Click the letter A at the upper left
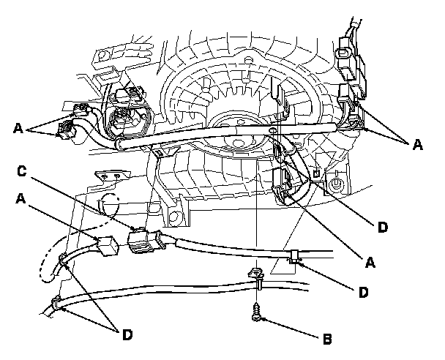click(18, 128)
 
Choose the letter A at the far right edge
click(417, 146)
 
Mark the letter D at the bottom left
click(127, 336)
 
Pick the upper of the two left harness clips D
click(64, 257)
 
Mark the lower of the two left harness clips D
click(56, 301)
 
